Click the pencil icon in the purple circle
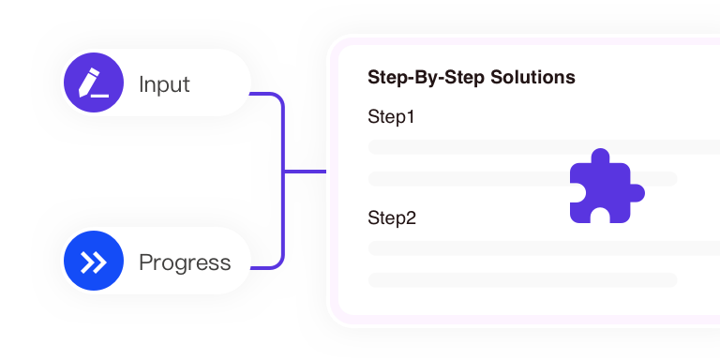click(93, 83)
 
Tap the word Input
click(164, 84)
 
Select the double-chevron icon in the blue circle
click(93, 262)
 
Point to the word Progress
click(185, 262)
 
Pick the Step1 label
click(392, 118)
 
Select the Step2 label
click(392, 218)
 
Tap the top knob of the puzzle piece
click(600, 157)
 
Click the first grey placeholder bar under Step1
click(544, 146)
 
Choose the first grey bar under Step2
click(544, 247)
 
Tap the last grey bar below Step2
click(522, 279)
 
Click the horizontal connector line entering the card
click(305, 172)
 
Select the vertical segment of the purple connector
click(282, 216)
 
